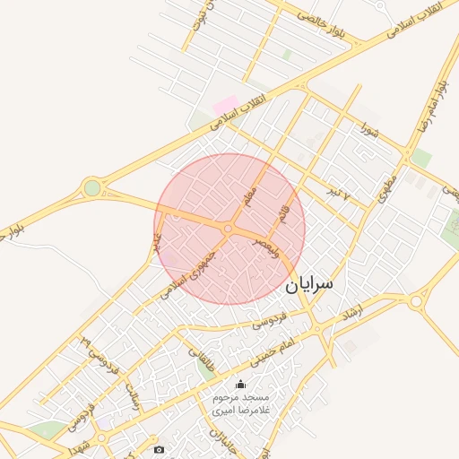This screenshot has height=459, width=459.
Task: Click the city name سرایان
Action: (x=309, y=285)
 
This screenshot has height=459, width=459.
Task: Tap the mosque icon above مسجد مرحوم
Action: (x=238, y=384)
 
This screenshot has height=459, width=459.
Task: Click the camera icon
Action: (x=160, y=449)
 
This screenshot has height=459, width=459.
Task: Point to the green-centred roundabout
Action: (x=91, y=187)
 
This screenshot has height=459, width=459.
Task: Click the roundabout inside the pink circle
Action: (x=229, y=229)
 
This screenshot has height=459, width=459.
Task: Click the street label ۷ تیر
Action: (x=338, y=194)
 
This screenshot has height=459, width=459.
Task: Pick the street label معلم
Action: (x=250, y=193)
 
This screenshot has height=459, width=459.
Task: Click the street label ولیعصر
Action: (x=266, y=247)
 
